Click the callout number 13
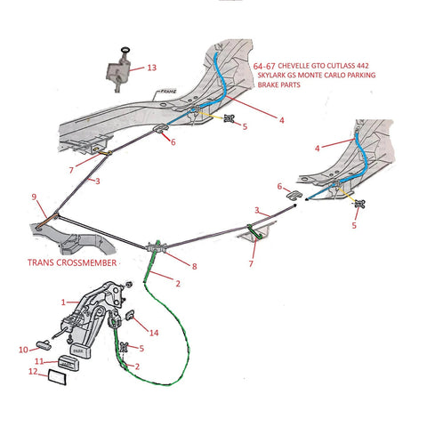click(151, 68)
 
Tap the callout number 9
click(35, 197)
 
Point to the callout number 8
click(196, 266)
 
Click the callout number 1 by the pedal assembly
click(63, 302)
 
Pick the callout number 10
click(22, 350)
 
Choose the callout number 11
click(38, 363)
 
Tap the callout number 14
click(153, 333)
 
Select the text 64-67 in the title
click(263, 65)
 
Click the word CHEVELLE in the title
click(300, 65)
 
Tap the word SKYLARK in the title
click(274, 77)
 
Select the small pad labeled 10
click(44, 347)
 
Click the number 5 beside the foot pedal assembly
click(141, 348)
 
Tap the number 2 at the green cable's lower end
click(136, 366)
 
